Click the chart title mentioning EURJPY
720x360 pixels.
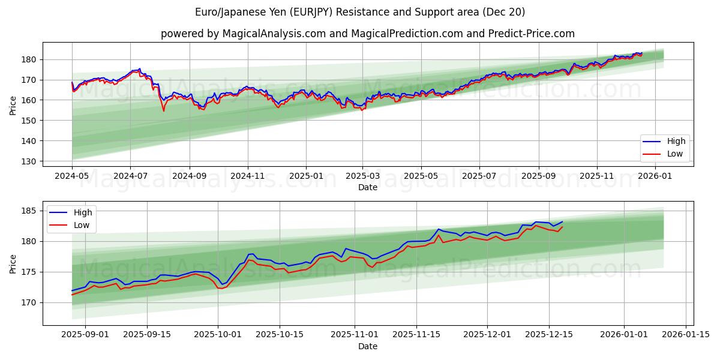[360, 12]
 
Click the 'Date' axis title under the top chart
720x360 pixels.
[367, 187]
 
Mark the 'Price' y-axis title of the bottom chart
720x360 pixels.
[13, 263]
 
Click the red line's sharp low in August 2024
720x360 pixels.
[163, 111]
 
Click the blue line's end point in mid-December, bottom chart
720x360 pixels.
[562, 221]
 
